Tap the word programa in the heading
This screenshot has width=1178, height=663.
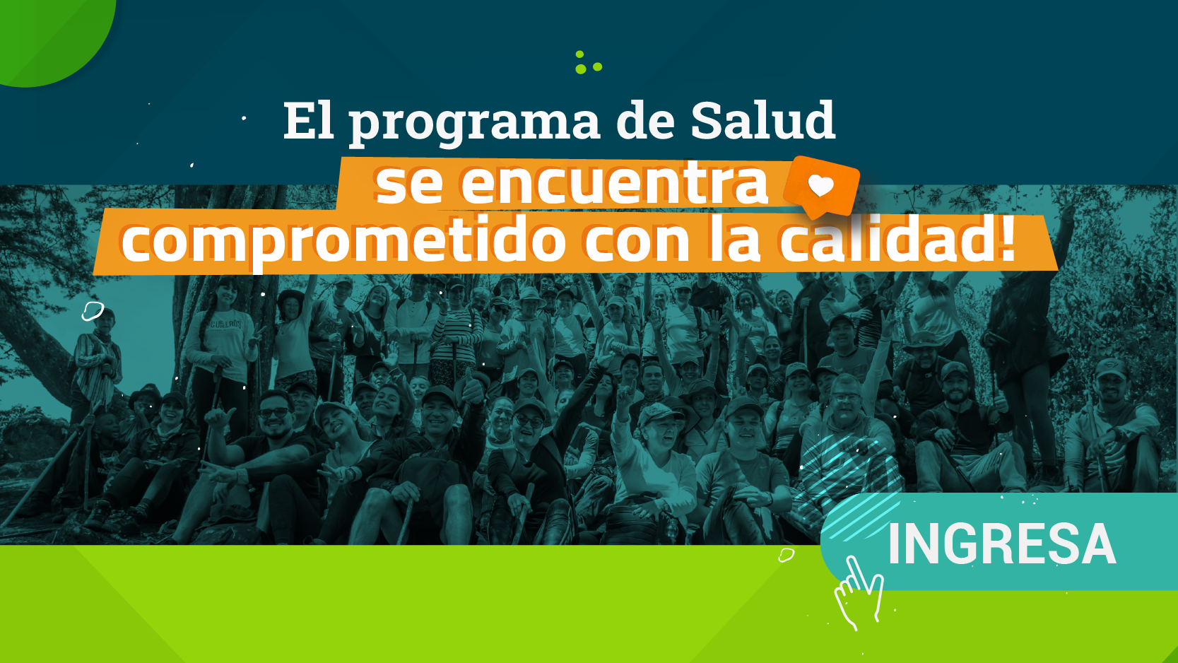(474, 123)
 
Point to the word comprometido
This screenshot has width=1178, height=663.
(343, 242)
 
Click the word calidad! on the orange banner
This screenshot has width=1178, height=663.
(897, 240)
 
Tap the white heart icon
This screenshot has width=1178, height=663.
(820, 186)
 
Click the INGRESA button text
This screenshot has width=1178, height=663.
(1001, 544)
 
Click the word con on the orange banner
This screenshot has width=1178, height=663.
(637, 242)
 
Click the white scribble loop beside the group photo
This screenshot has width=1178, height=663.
(93, 310)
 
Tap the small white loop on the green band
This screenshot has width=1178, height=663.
(786, 555)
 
